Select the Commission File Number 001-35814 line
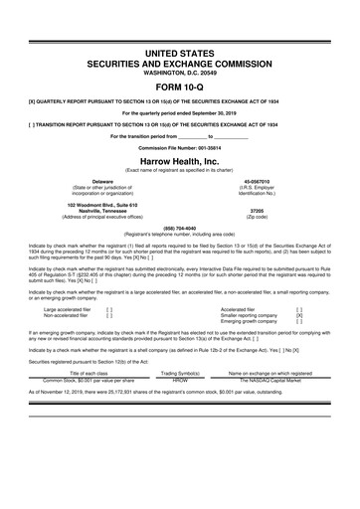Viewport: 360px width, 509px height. (179, 148)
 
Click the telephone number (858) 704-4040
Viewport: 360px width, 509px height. (179, 228)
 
